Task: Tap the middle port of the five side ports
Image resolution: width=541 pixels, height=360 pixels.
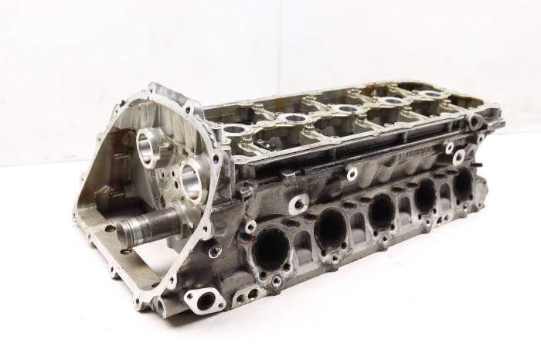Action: [381, 210]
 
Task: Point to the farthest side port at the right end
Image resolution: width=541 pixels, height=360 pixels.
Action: [463, 184]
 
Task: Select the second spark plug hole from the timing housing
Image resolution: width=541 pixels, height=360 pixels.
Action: [294, 117]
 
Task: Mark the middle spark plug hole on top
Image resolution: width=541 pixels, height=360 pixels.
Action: [347, 109]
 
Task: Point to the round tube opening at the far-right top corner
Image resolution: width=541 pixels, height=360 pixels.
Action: [475, 121]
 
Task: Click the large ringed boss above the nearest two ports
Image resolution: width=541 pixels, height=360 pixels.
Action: [298, 204]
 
